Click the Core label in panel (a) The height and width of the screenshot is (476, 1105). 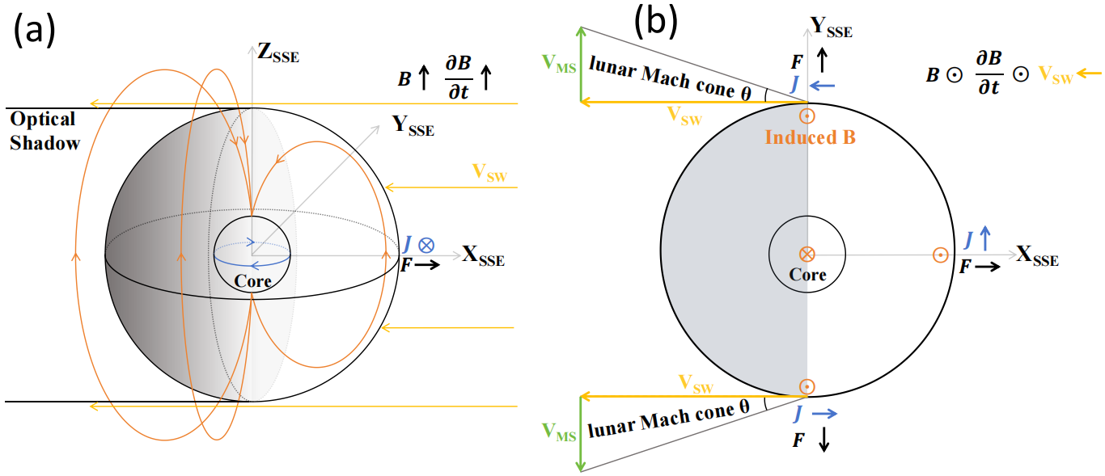click(x=252, y=280)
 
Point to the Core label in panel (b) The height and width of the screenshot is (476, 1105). click(x=807, y=275)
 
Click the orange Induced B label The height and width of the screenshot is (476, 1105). click(x=810, y=137)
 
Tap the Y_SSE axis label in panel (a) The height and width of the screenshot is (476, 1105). click(x=413, y=125)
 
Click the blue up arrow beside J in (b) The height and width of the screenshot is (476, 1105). click(x=984, y=238)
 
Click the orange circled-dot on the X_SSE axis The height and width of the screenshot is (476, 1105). click(x=939, y=255)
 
